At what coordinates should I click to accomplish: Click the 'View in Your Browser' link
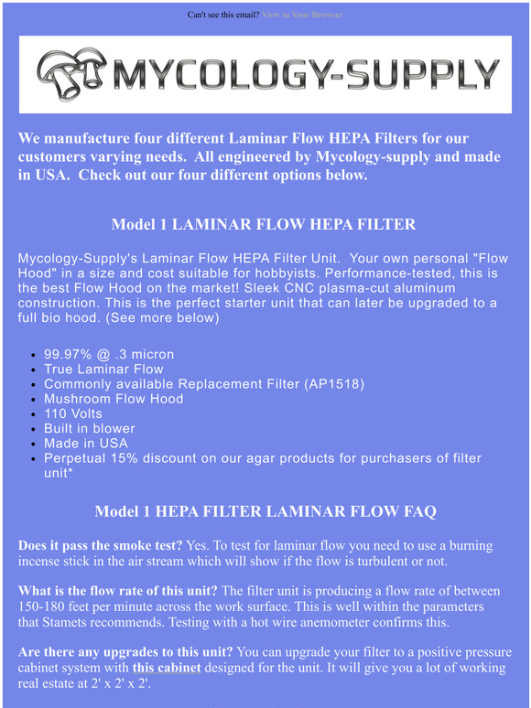click(x=302, y=16)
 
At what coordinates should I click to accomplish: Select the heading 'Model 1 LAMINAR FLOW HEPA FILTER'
click(x=264, y=224)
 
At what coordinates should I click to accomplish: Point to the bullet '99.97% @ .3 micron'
click(x=109, y=354)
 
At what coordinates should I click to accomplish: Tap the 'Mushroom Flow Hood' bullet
click(x=114, y=399)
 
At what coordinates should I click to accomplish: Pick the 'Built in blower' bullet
click(x=90, y=428)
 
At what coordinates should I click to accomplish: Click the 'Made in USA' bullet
click(x=86, y=443)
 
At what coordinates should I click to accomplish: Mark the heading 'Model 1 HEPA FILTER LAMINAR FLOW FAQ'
click(x=265, y=510)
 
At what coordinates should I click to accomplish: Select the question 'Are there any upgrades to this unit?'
click(x=125, y=652)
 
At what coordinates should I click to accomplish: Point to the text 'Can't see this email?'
click(x=223, y=16)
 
